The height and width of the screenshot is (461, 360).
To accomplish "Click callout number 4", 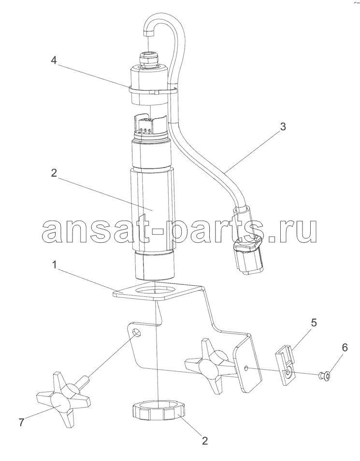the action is [x=53, y=60].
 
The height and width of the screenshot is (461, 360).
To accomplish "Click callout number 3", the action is [x=282, y=127].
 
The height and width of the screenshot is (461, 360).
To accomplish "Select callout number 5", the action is [x=314, y=322].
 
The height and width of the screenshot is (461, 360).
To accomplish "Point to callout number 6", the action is [x=345, y=348].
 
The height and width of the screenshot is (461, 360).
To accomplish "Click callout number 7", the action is [x=22, y=422].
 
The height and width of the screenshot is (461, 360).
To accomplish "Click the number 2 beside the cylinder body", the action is [x=54, y=173].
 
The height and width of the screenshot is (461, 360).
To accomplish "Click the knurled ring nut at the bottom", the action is [x=158, y=412].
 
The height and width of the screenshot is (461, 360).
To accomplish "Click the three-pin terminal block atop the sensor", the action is [x=145, y=130].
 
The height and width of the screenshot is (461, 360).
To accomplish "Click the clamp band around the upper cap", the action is [x=153, y=90].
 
